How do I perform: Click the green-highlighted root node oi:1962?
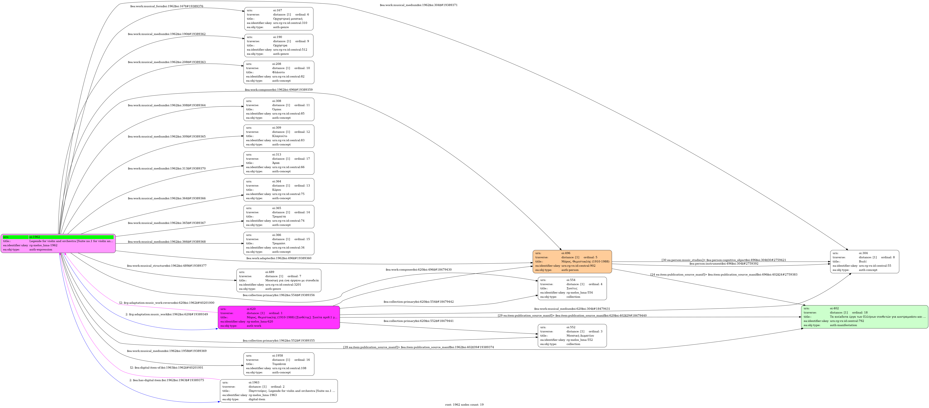tap(58, 243)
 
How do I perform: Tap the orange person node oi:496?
tap(572, 262)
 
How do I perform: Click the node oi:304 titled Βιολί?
tap(864, 262)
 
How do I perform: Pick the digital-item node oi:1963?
tap(279, 391)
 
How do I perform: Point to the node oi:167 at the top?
tap(279, 19)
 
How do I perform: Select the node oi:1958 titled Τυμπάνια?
tap(279, 364)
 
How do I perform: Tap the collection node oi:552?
tap(572, 336)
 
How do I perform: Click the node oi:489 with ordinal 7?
tap(279, 280)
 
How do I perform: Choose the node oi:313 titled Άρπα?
tap(279, 163)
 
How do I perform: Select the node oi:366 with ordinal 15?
tap(279, 244)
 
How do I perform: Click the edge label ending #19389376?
tap(167, 6)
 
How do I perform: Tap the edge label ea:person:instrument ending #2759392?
tap(723, 264)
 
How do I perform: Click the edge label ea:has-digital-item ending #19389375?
tap(167, 380)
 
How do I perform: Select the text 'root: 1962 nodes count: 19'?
tap(464, 405)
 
